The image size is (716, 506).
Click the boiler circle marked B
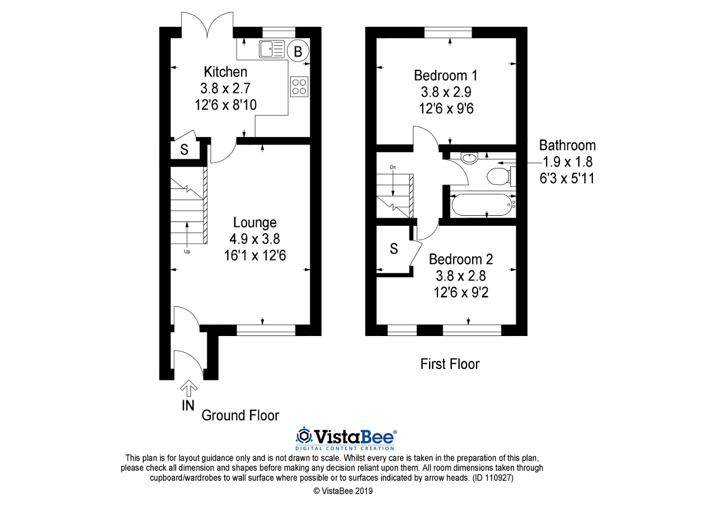pos(298,51)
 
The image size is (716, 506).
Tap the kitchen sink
pos(272,49)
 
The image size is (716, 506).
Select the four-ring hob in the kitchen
pos(299,86)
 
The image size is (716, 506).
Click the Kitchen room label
pos(225,72)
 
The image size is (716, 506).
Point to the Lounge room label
pos(255,223)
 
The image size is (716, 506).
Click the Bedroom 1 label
pos(446,75)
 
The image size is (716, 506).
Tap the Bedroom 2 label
pos(461,259)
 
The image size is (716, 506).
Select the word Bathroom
pos(567,145)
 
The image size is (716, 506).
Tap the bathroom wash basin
pos(469,158)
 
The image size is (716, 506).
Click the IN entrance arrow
pos(189,387)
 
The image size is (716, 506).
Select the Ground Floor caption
pos(240,415)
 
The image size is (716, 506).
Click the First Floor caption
pos(450,365)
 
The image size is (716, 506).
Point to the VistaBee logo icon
pos(304,436)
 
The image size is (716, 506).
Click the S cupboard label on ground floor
pos(184,150)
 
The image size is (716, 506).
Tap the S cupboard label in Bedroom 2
pos(394,249)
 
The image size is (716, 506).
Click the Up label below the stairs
pos(187,252)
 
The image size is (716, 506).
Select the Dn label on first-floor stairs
pos(393,167)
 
